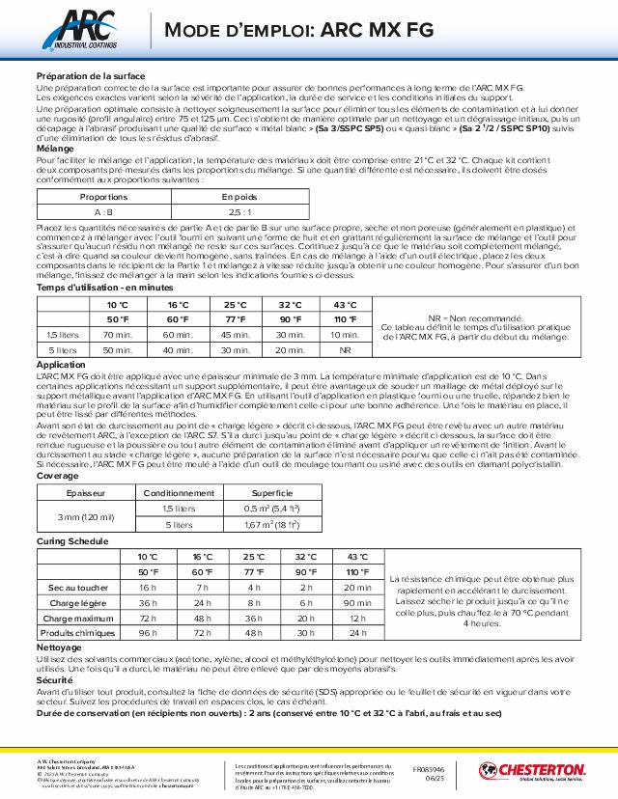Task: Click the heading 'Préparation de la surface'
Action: pyautogui.click(x=90, y=76)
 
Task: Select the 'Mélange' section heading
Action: pyautogui.click(x=55, y=149)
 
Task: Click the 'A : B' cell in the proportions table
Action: pyautogui.click(x=103, y=210)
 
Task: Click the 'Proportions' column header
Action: pyautogui.click(x=103, y=196)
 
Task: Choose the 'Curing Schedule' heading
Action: pyautogui.click(x=71, y=542)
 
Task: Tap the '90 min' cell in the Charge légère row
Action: pyautogui.click(x=357, y=602)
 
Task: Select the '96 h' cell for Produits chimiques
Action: pyautogui.click(x=148, y=632)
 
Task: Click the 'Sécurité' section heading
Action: pyautogui.click(x=55, y=679)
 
